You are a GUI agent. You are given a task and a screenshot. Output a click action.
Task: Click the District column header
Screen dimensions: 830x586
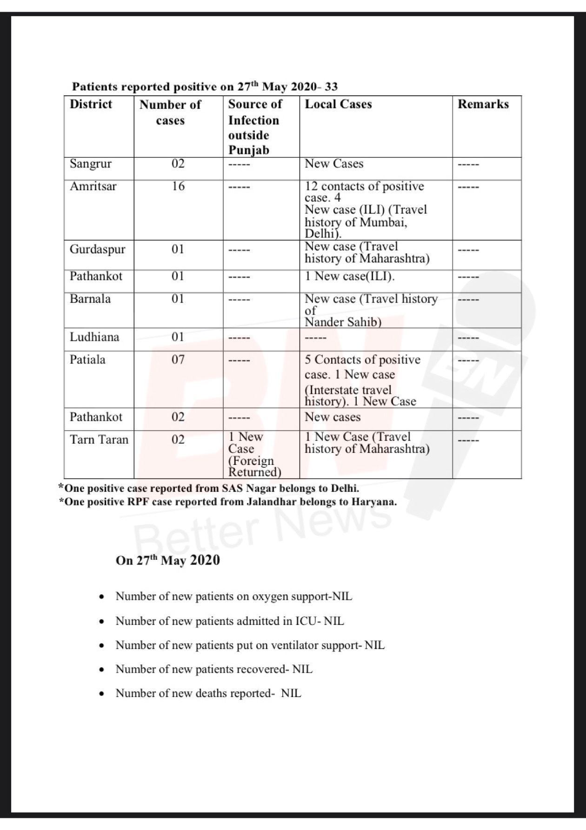(91, 104)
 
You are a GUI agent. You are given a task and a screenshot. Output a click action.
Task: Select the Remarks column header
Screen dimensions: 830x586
(483, 104)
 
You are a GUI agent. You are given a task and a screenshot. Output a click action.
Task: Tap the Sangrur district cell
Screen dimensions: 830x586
(91, 164)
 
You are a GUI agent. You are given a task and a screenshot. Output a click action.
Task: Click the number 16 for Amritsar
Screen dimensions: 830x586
(178, 186)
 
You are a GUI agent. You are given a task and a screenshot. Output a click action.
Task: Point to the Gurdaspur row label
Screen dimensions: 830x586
(98, 249)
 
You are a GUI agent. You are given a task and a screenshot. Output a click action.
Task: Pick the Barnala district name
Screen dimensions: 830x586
(90, 299)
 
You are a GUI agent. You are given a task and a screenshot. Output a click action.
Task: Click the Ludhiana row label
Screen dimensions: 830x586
(94, 337)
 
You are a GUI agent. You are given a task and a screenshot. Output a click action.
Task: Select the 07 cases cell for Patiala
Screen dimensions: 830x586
(178, 359)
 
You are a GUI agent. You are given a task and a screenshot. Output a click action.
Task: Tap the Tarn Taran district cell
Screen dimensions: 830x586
(99, 439)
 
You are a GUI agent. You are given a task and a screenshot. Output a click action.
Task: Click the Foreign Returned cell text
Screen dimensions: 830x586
(254, 466)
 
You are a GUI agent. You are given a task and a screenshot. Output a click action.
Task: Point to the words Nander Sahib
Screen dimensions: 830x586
(343, 322)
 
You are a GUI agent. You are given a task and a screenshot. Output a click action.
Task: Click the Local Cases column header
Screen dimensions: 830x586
(338, 104)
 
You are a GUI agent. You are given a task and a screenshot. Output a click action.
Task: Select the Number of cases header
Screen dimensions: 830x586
(170, 113)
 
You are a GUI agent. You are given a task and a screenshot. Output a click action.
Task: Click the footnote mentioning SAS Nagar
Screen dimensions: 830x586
(209, 489)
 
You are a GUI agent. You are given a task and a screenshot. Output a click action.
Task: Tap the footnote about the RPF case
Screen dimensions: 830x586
(228, 502)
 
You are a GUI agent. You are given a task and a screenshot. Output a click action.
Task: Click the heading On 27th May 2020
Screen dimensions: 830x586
(168, 560)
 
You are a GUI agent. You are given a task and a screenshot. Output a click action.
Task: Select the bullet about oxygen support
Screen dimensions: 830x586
(233, 597)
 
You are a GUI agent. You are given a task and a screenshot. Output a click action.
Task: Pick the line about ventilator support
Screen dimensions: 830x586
(250, 645)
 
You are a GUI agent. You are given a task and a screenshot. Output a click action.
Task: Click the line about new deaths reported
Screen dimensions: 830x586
(208, 693)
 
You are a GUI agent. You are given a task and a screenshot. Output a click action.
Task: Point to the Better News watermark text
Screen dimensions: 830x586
(263, 525)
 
